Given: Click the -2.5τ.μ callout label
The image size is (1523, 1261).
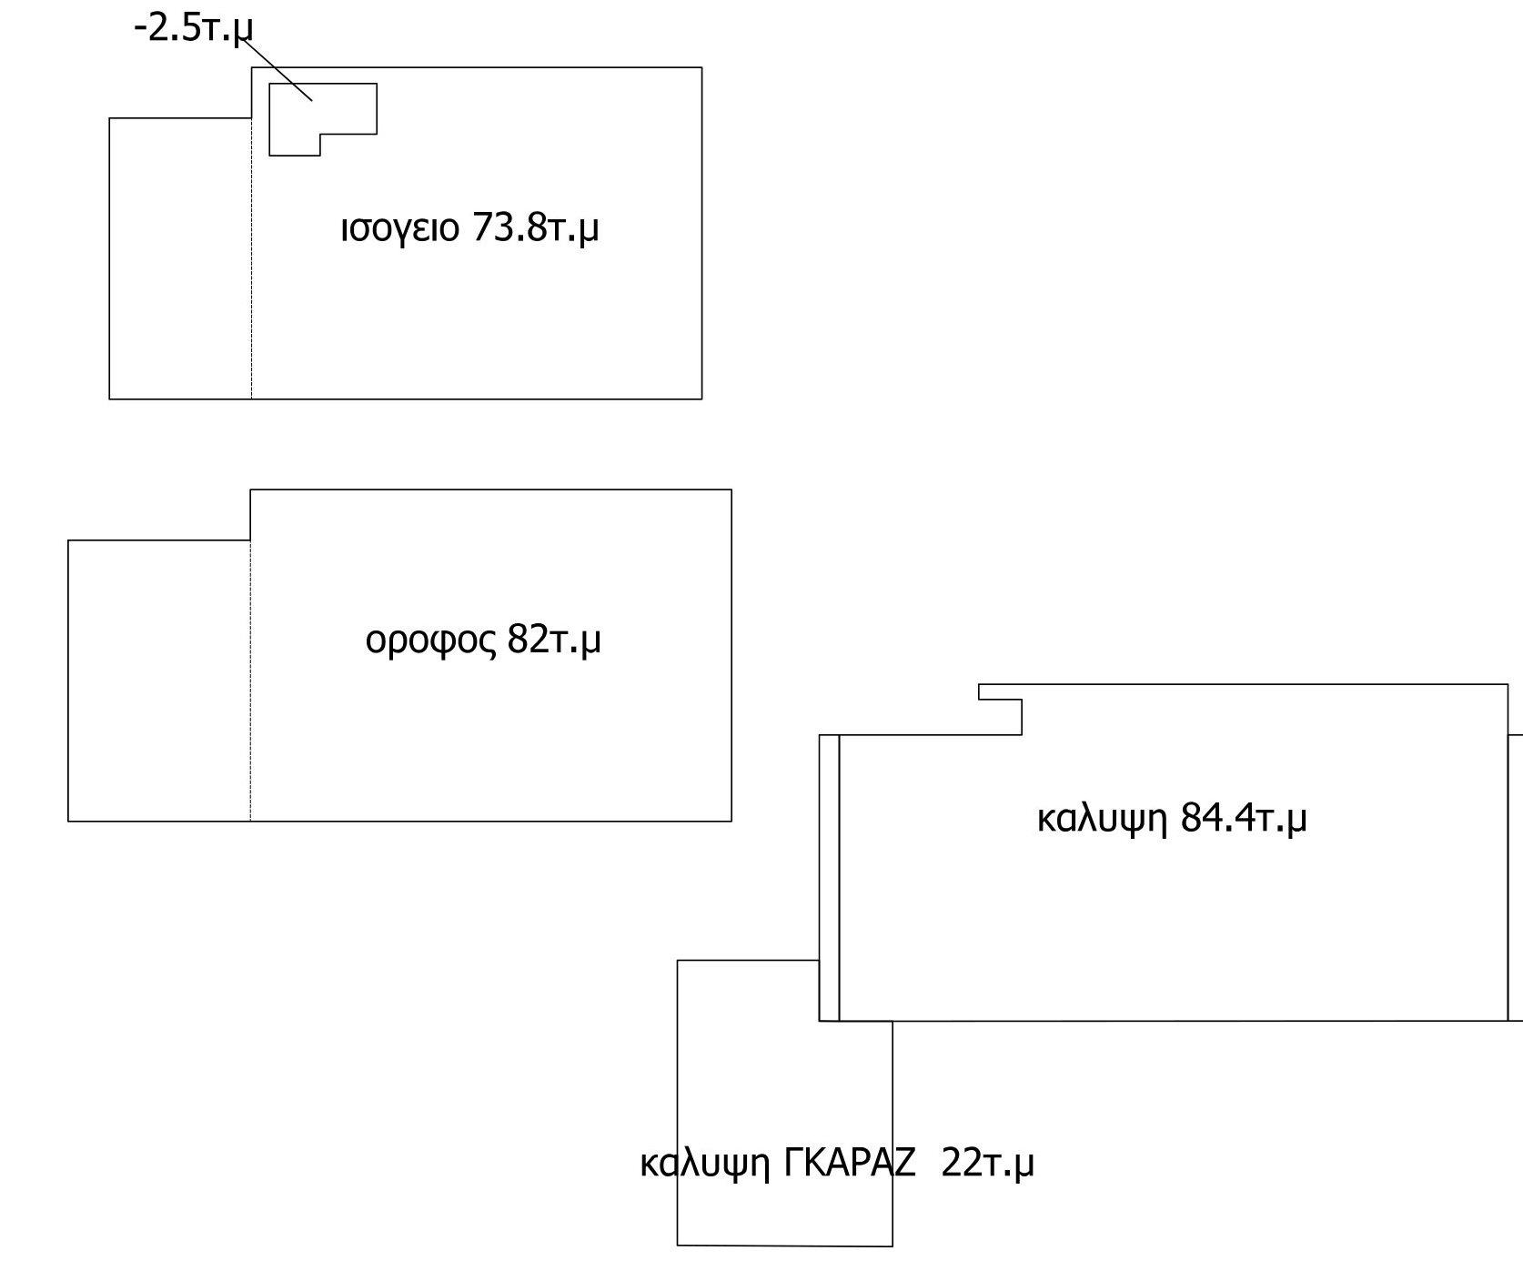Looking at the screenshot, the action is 193,28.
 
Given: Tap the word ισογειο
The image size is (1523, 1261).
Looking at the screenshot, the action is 400,228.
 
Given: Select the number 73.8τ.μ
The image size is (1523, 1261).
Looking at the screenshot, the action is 536,228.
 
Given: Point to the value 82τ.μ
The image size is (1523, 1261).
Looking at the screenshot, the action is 554,641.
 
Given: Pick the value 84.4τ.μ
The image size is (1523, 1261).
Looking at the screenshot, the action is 1244,818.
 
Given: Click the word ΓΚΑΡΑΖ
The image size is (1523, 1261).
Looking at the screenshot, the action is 850,1163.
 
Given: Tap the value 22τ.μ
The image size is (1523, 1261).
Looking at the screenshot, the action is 987,1163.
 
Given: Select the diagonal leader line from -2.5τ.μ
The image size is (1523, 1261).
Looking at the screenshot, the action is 277,69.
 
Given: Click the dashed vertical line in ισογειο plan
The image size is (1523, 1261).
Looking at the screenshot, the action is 252,258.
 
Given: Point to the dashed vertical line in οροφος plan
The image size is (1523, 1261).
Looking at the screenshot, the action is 250,681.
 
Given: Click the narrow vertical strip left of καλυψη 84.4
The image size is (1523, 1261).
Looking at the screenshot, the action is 829,878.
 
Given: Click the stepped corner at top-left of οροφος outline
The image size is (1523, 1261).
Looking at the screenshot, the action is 250,540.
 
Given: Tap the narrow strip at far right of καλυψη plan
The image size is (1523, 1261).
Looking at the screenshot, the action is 1516,878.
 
